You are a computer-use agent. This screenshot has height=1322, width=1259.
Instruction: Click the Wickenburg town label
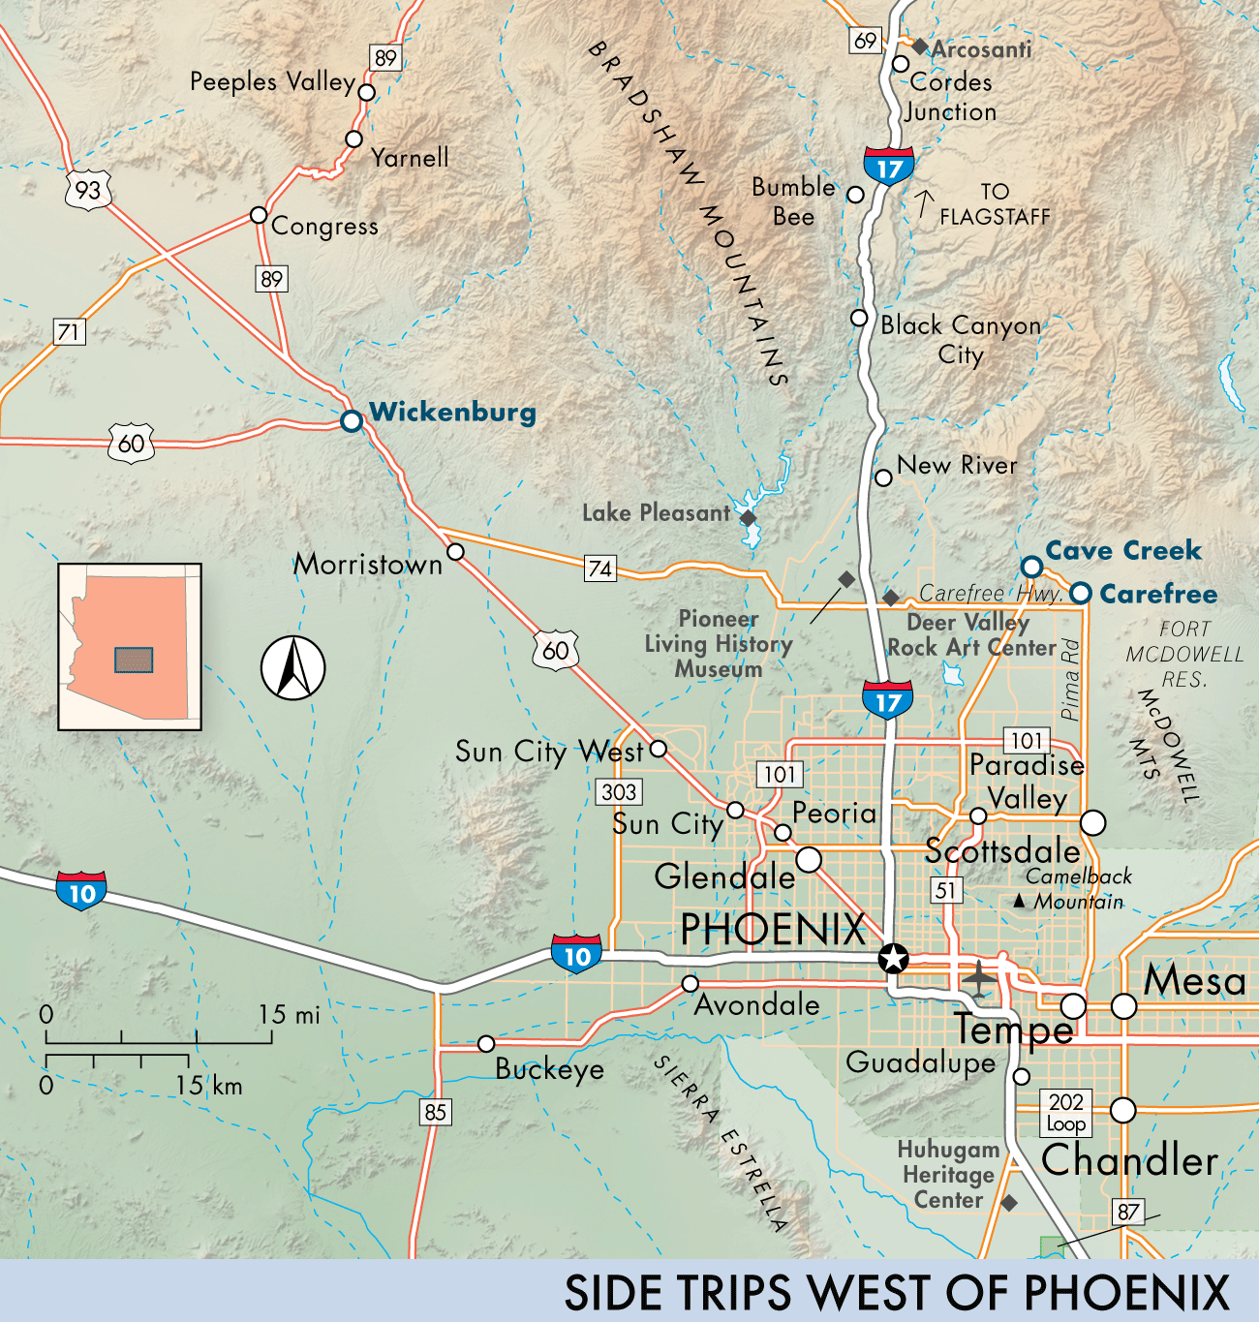(452, 413)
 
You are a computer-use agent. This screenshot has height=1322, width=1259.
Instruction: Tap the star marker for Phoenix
(892, 959)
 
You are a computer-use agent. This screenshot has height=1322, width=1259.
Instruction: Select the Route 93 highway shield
(88, 189)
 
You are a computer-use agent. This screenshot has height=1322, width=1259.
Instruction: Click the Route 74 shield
(600, 569)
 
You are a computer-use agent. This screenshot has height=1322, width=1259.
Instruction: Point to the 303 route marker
(619, 791)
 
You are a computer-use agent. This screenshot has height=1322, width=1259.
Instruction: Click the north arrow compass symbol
(292, 667)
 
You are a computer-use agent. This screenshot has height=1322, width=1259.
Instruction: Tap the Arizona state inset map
(130, 646)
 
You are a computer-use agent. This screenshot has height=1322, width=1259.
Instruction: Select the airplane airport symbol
(980, 977)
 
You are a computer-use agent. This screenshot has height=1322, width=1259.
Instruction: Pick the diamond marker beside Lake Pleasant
(748, 518)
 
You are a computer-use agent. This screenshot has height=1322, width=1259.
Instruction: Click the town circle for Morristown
(455, 552)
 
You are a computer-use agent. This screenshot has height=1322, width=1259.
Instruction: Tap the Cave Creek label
(1122, 551)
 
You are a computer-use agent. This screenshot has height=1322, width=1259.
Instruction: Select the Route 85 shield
(436, 1112)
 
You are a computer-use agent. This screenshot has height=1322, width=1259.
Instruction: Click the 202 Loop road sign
(1065, 1112)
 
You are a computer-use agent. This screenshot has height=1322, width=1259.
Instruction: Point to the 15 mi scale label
(289, 1015)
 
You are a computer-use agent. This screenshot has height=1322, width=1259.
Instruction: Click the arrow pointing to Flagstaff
(924, 204)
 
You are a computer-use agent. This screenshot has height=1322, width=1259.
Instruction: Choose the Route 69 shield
(865, 41)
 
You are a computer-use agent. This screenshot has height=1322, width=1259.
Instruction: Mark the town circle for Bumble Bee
(855, 195)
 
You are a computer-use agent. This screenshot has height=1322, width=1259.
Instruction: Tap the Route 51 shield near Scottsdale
(946, 890)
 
